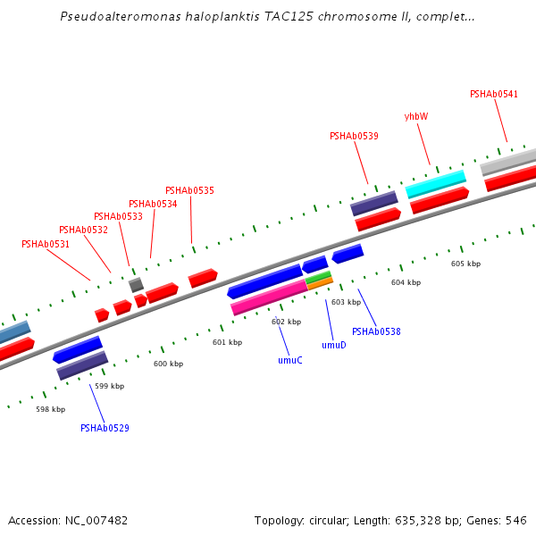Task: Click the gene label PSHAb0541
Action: pyautogui.click(x=494, y=94)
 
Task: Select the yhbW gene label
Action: pyautogui.click(x=416, y=116)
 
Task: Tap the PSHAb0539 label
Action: pyautogui.click(x=354, y=136)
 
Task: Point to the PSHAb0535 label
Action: pyautogui.click(x=189, y=190)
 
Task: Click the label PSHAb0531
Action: pyautogui.click(x=46, y=244)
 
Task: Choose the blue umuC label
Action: pyautogui.click(x=289, y=360)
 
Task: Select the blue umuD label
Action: pyautogui.click(x=334, y=344)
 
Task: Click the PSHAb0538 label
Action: pyautogui.click(x=376, y=331)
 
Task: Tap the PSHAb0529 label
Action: pyautogui.click(x=105, y=428)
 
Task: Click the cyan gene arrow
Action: pyautogui.click(x=436, y=184)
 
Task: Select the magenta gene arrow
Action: pyautogui.click(x=268, y=297)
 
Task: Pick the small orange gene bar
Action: pyautogui.click(x=320, y=284)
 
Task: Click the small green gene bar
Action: pyautogui.click(x=318, y=277)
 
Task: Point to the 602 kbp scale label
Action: pyautogui.click(x=286, y=322)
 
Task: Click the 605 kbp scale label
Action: pyautogui.click(x=465, y=264)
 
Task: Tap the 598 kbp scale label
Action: pyautogui.click(x=50, y=409)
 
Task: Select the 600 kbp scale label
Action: pyautogui.click(x=168, y=364)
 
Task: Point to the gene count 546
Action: pyautogui.click(x=516, y=520)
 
